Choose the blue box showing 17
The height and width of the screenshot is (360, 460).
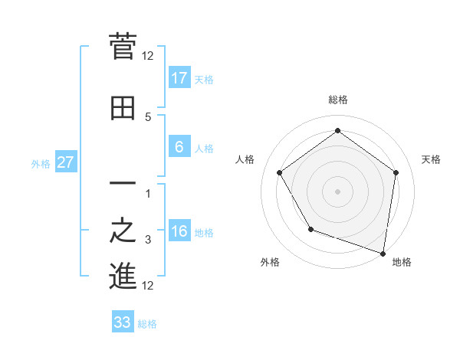[x=179, y=78]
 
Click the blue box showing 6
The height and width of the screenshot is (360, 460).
[x=179, y=147]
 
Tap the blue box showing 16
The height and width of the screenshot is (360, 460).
[x=179, y=232]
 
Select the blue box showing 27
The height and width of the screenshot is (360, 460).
[x=66, y=162]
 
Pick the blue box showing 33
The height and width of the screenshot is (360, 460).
[x=123, y=322]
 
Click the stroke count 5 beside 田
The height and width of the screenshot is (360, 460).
[x=148, y=116]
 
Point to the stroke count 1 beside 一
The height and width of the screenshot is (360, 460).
[x=148, y=193]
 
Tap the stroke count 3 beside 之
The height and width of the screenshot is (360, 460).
[x=148, y=240]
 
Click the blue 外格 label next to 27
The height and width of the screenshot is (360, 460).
[x=41, y=163]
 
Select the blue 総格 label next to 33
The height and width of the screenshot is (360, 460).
[x=147, y=323]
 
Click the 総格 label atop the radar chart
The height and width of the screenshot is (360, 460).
[x=337, y=100]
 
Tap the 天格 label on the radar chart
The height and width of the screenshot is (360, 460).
[x=431, y=159]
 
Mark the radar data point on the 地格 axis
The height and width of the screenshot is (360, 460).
[x=383, y=252]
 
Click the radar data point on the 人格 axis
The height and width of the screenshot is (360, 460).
[x=279, y=172]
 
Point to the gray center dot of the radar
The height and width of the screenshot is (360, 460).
[x=337, y=191]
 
